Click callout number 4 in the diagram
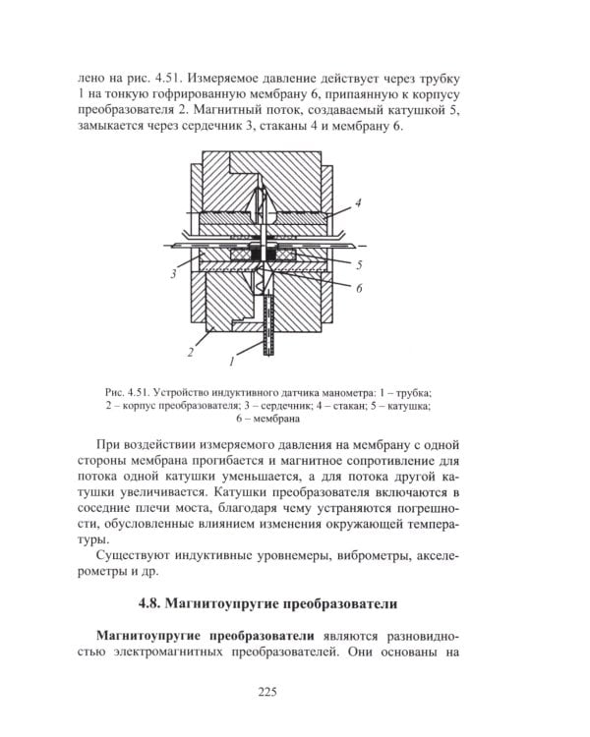pos(359,202)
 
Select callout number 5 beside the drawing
pos(359,264)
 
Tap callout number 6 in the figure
pos(359,288)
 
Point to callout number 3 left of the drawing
pos(173,275)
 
